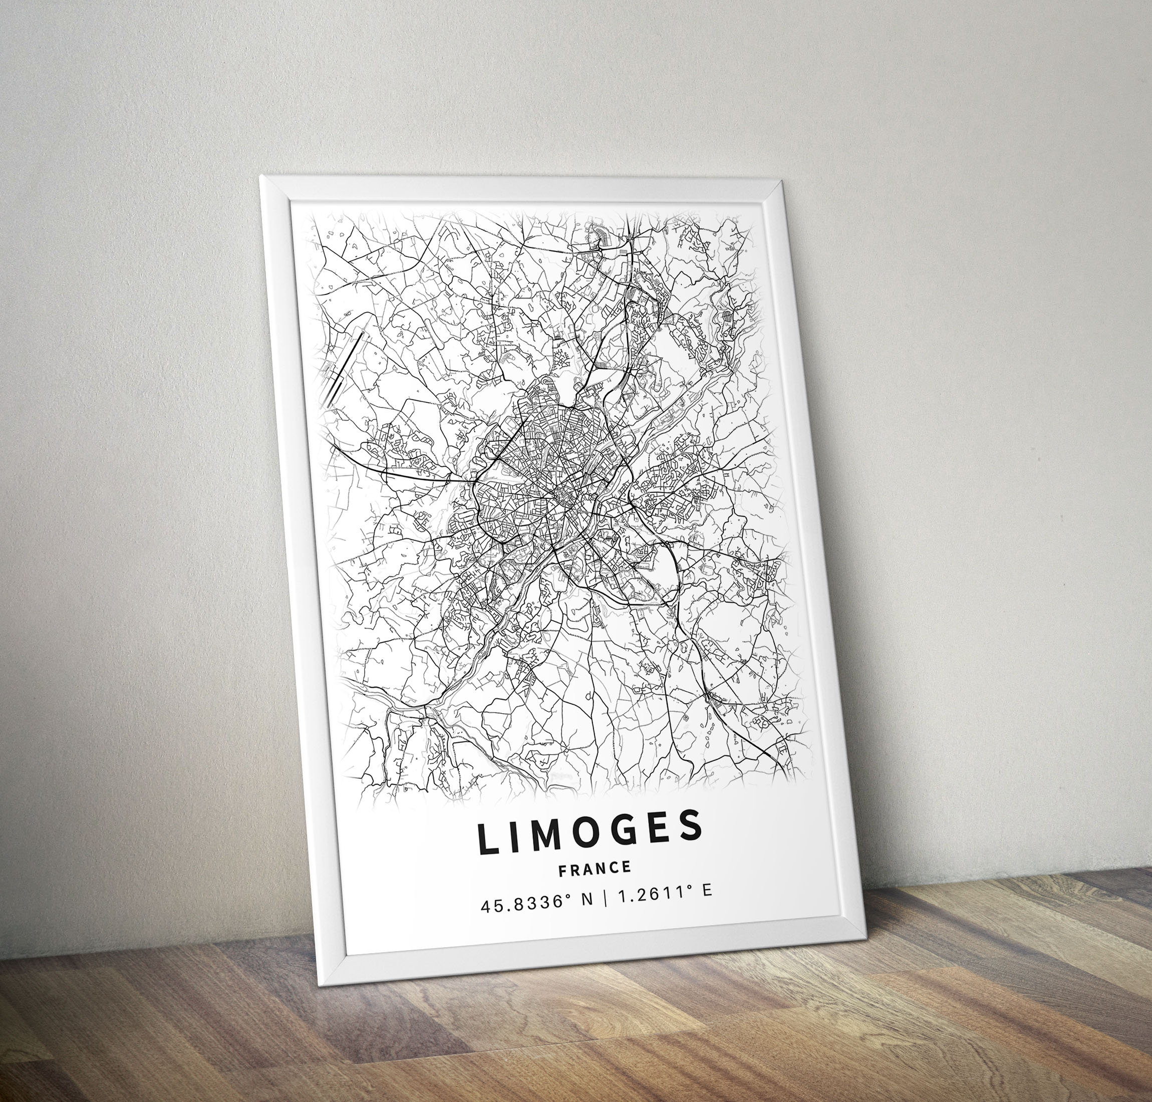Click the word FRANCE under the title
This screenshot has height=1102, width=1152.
(595, 869)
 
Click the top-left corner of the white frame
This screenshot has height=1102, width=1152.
(262, 176)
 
